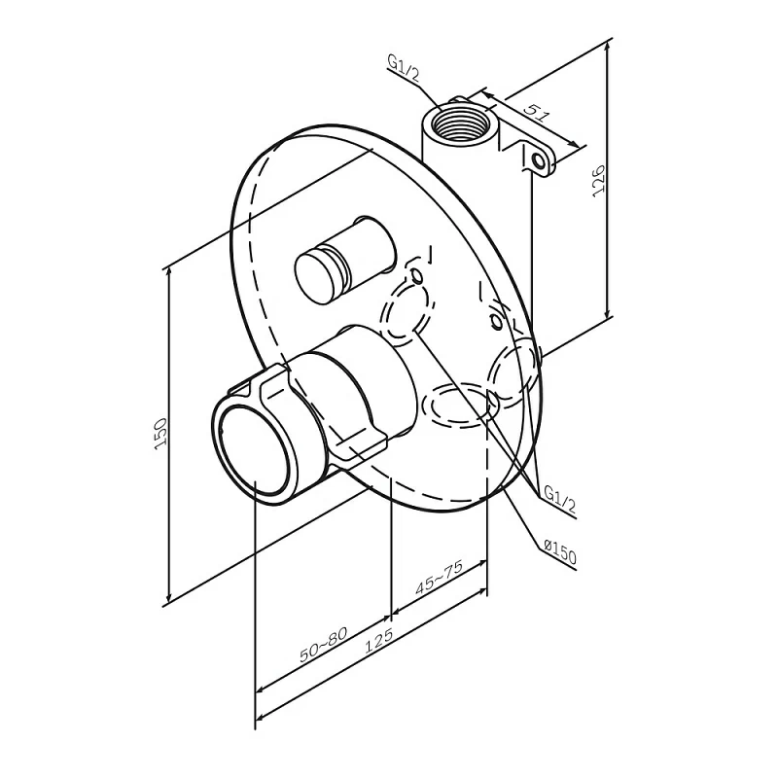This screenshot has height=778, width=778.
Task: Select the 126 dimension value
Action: (599, 180)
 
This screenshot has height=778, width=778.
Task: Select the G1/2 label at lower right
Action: (560, 498)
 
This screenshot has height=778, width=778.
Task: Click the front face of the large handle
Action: (252, 450)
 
